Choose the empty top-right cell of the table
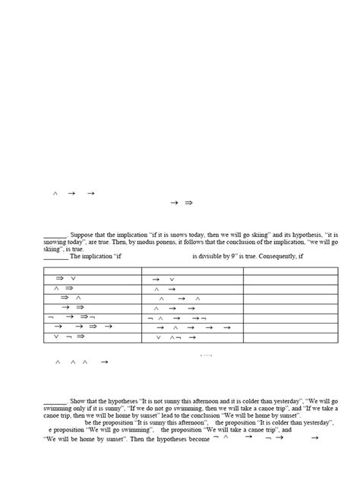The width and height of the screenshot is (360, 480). [x=290, y=270]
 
